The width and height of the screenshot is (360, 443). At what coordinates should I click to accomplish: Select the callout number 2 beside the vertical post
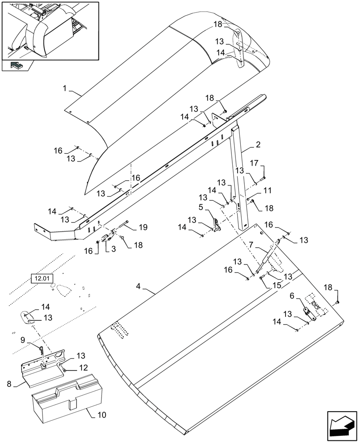258,145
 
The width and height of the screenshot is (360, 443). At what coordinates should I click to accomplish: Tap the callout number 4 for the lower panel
139,287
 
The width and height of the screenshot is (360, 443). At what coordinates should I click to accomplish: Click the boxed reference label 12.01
42,279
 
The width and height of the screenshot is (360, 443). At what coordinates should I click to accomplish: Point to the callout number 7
251,244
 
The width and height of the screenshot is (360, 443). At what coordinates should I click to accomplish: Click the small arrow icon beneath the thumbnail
16,66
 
